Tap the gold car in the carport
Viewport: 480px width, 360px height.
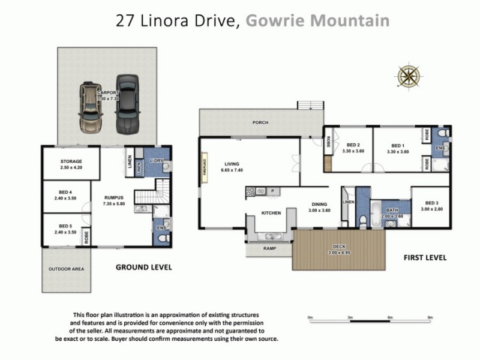[91, 108]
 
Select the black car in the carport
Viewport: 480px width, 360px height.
[127, 105]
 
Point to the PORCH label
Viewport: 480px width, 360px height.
[260, 122]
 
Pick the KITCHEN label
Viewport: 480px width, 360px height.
[271, 213]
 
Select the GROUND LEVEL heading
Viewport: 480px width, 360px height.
[143, 267]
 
